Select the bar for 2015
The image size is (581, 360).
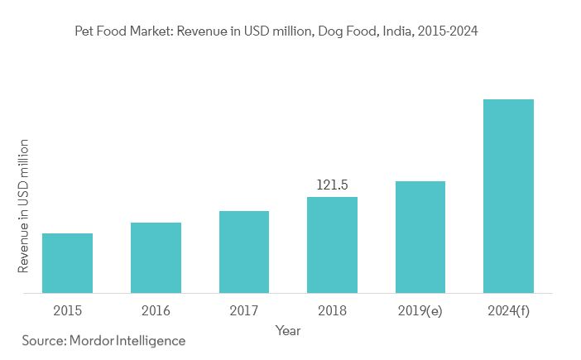point(67,263)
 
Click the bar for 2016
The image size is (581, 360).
point(156,257)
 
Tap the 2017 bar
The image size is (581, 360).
point(244,252)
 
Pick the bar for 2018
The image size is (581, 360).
point(332,245)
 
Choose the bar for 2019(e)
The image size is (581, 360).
point(420,237)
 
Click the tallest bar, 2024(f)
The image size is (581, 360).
point(508,196)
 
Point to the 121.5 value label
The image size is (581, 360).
point(332,185)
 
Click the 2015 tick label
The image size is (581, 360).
point(67,310)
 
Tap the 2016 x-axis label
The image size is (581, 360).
point(156,310)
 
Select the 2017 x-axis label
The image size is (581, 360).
point(244,310)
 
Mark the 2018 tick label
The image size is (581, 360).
point(332,310)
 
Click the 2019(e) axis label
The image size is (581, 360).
point(420,310)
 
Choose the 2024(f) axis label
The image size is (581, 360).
point(508,310)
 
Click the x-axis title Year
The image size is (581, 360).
point(288,331)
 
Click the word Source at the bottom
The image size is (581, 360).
point(42,341)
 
